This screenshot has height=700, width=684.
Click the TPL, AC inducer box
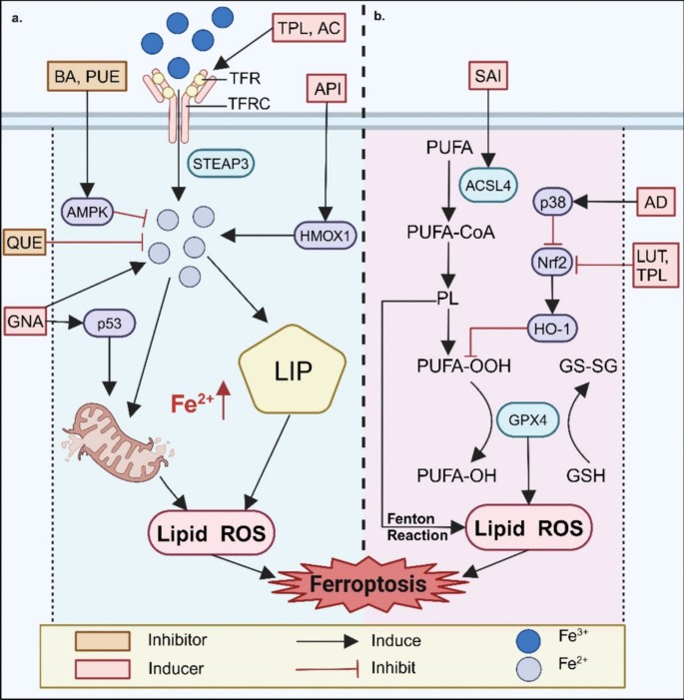308,29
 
